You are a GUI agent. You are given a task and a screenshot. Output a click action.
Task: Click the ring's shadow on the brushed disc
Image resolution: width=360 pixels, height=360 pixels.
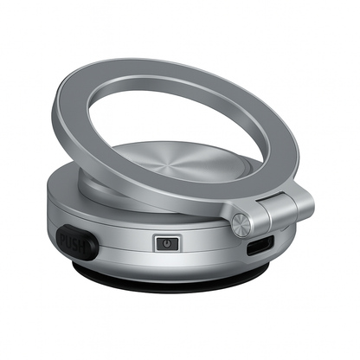coord(130,186)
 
